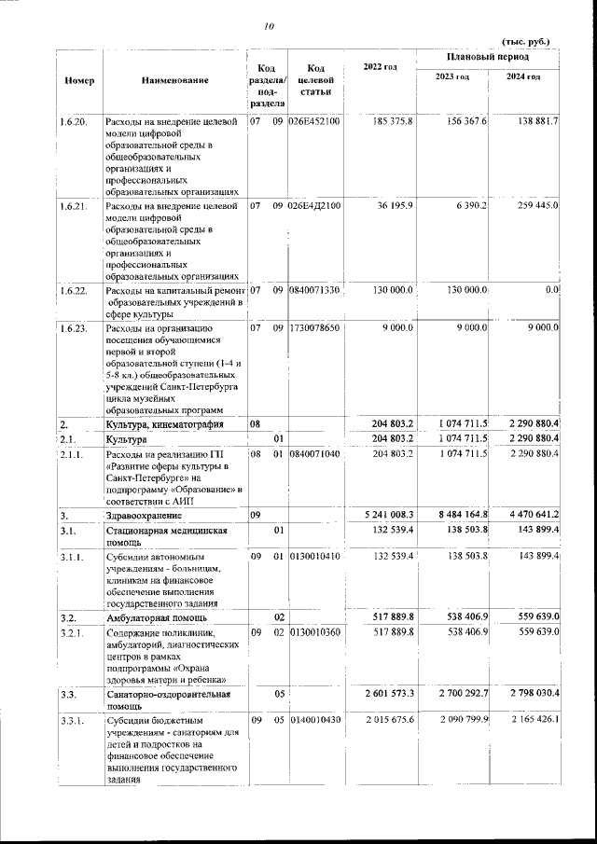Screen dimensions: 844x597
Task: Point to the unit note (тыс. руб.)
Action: point(527,42)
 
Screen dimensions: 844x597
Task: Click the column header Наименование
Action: point(174,81)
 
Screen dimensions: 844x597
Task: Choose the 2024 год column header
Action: point(523,76)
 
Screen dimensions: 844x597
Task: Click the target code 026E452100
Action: point(315,121)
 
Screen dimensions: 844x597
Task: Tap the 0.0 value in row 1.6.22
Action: point(550,291)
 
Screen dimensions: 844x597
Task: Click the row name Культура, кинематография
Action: point(164,424)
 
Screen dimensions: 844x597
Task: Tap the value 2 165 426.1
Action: point(527,721)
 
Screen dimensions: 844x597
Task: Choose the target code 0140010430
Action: point(315,721)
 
